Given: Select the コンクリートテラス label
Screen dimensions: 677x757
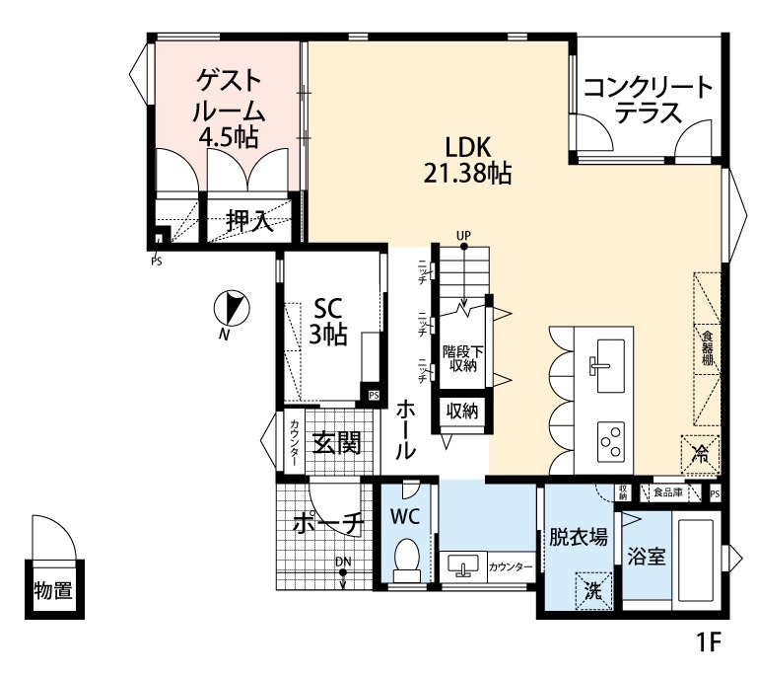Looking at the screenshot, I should (648, 100).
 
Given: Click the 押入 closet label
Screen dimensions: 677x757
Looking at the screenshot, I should (248, 221).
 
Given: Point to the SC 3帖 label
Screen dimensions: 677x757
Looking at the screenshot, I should (328, 321).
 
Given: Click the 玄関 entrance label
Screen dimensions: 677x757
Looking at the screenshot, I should (336, 443).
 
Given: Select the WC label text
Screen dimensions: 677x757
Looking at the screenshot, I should (405, 515).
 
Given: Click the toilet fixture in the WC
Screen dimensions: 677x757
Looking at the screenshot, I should (406, 562).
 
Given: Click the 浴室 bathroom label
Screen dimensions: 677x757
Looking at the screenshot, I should (647, 557).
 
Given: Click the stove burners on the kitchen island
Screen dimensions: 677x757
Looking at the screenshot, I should (611, 436).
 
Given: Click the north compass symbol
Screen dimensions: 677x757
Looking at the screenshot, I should (233, 310).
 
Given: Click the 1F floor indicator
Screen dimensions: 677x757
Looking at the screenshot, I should (710, 643).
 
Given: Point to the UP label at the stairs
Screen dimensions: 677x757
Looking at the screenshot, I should (463, 234).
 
